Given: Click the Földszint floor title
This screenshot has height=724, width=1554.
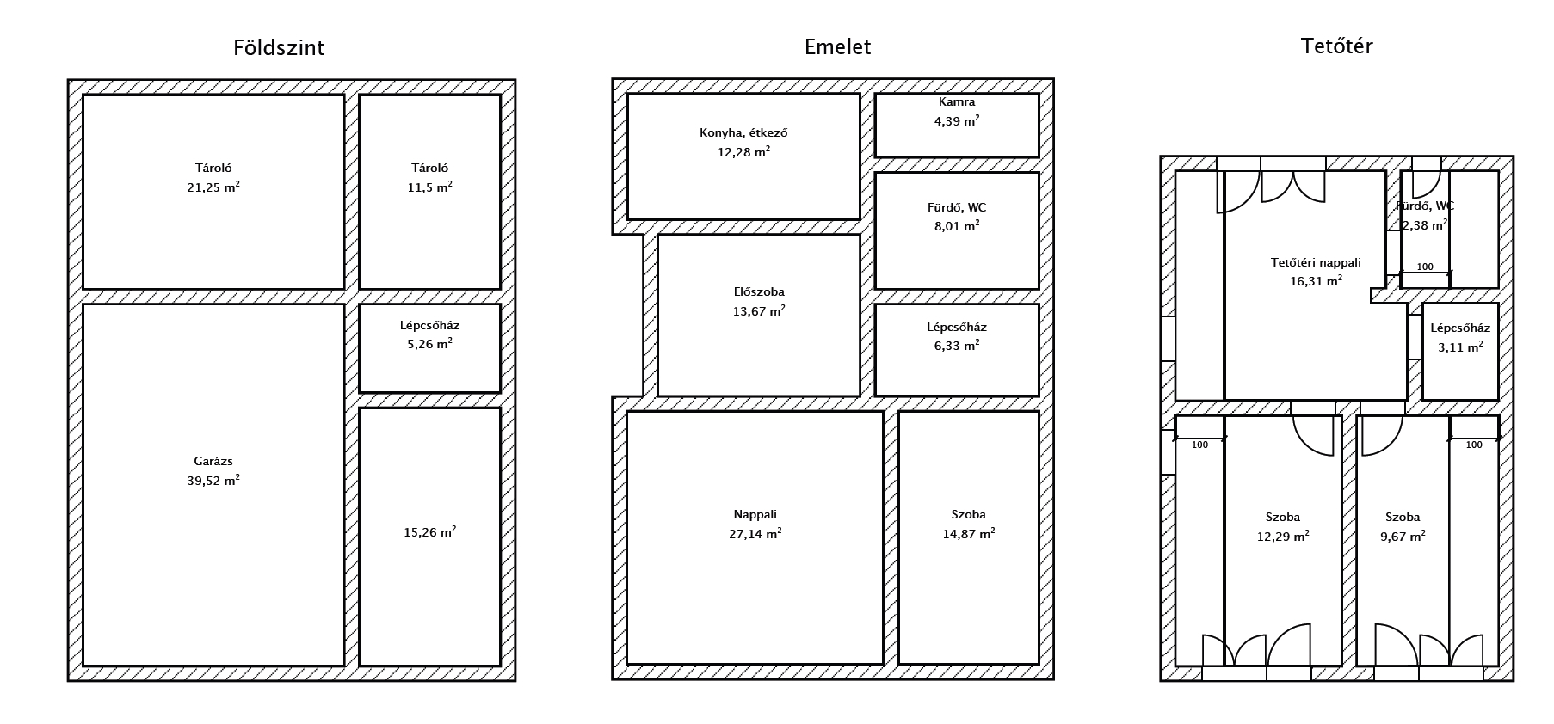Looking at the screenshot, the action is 279,47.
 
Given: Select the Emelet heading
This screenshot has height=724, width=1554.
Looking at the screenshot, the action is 837,46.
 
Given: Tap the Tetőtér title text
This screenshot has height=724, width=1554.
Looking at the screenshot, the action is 1336,46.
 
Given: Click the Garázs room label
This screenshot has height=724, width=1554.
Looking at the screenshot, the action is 213,462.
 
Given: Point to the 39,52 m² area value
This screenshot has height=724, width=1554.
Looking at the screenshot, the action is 213,481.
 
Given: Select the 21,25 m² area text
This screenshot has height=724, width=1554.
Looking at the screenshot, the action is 213,187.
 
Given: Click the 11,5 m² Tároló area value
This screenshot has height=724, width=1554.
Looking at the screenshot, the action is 429,187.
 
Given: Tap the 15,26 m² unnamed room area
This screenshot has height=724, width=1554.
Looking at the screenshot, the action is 429,532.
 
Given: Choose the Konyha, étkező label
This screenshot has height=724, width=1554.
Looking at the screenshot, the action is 743,133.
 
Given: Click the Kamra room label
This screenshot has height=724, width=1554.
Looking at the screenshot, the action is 957,102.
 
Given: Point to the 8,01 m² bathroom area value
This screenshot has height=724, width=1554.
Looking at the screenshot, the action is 957,226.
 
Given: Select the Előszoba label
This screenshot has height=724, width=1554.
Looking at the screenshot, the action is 758,292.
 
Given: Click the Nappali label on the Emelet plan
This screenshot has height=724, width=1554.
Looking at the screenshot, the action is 755,515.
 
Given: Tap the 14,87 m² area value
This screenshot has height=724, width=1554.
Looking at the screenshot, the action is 969,534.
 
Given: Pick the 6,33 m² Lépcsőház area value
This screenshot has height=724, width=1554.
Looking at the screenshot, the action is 957,346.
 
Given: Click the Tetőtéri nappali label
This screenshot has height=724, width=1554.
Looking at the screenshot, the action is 1316,263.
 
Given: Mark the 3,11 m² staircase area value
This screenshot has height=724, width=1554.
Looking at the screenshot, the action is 1460,347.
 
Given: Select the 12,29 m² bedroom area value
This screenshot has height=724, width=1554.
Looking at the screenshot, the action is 1283,536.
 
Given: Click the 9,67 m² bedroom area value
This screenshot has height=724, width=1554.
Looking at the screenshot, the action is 1403,536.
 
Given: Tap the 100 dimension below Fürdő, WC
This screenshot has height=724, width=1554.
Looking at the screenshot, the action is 1425,267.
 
